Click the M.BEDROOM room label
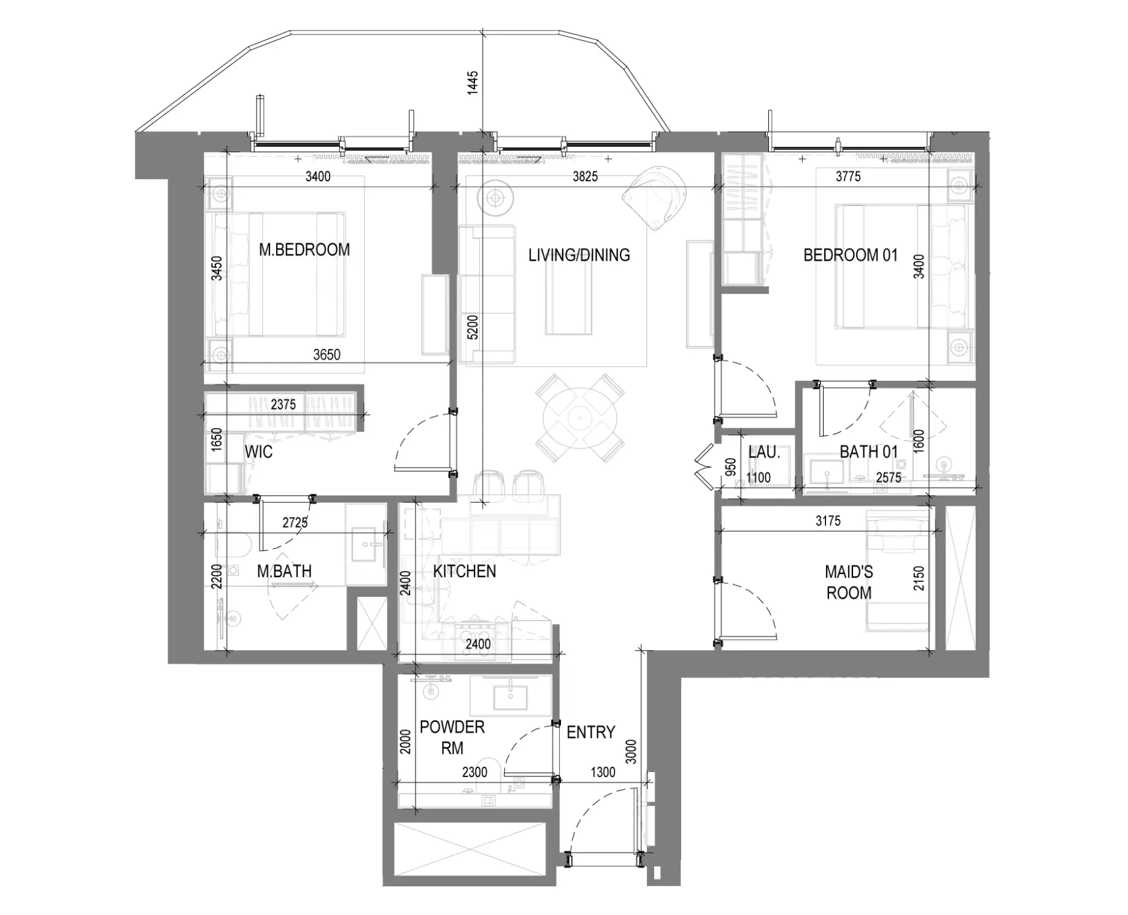pos(304,250)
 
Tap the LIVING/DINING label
pos(579,255)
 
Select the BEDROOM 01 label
pos(850,255)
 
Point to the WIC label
pos(258,452)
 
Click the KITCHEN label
pos(465,571)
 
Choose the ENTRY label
pos(590,732)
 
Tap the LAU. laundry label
pos(764,453)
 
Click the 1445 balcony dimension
pos(473,83)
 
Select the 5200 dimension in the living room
pos(472,327)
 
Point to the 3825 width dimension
pos(585,177)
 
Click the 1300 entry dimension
pos(603,772)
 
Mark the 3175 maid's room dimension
pos(828,521)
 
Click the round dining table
pos(579,418)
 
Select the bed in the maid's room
pos(897,570)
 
